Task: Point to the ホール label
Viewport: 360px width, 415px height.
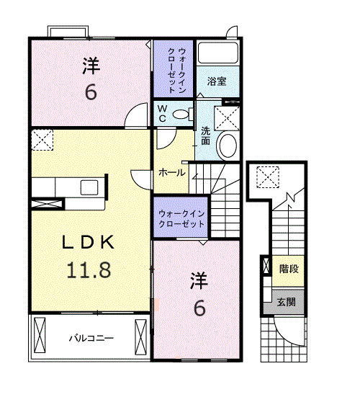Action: pyautogui.click(x=171, y=172)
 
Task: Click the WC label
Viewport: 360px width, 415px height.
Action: pyautogui.click(x=163, y=114)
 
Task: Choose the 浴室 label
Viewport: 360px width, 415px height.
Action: pyautogui.click(x=216, y=81)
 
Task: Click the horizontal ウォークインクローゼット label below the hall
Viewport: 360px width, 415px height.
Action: pyautogui.click(x=181, y=218)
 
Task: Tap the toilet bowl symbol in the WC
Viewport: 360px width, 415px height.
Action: pyautogui.click(x=182, y=114)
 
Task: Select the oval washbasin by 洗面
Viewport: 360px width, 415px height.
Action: pyautogui.click(x=227, y=145)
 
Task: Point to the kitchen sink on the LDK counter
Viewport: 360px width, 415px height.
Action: pyautogui.click(x=89, y=188)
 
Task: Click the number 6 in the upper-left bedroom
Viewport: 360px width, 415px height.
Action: pyautogui.click(x=91, y=93)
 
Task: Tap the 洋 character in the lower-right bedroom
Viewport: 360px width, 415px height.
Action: pyautogui.click(x=199, y=280)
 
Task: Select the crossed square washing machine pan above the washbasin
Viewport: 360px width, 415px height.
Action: pyautogui.click(x=228, y=116)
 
